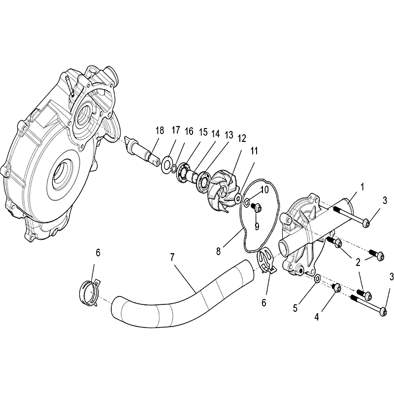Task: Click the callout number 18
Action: (160, 131)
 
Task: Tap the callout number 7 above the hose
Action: (172, 257)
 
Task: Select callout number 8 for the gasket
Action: (218, 251)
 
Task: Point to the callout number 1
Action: (362, 187)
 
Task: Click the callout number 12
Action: (242, 138)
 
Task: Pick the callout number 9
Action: (257, 227)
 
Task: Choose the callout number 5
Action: (295, 308)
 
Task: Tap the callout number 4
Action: (317, 317)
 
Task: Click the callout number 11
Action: (254, 151)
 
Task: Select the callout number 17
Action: (176, 130)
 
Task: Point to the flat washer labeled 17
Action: (166, 164)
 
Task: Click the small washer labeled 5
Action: (317, 278)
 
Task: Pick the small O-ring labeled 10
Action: (247, 201)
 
